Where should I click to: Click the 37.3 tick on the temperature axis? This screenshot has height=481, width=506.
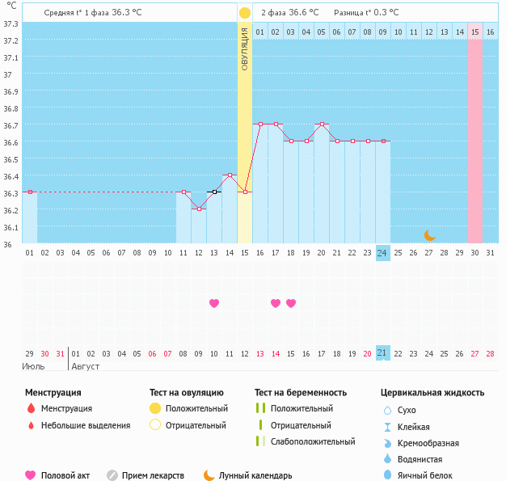pos(11,23)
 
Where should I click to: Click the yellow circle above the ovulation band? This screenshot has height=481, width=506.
pos(245,13)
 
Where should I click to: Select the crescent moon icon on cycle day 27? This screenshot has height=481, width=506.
pos(430,235)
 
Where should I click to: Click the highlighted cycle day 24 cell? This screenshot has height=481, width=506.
pos(383,253)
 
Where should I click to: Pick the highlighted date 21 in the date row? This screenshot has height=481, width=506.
pos(383,353)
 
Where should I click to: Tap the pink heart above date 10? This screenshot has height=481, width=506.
pos(214,303)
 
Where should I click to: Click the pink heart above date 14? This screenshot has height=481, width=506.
pos(276,303)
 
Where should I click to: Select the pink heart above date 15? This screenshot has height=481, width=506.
pos(291,303)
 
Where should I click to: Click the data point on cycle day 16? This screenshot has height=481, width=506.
pos(260,124)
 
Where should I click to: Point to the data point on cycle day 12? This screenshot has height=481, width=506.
pos(199,209)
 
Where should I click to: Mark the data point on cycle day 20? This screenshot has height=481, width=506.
pos(322,124)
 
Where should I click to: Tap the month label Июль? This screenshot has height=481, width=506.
pos(33,366)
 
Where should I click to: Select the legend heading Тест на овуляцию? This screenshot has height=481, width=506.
pos(187,393)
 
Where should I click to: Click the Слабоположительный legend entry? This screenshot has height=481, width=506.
pos(312,441)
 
